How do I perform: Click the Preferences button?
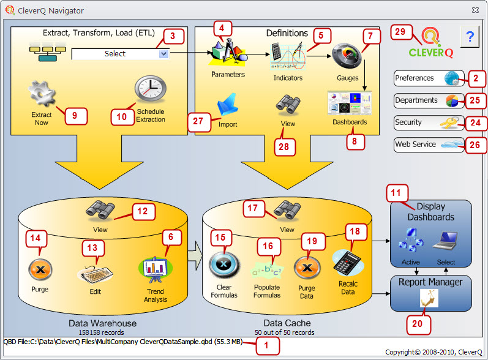click(429, 78)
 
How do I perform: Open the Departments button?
click(429, 100)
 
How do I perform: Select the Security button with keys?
click(429, 122)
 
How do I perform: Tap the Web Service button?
click(429, 145)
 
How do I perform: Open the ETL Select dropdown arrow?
click(163, 54)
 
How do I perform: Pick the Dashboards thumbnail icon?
click(350, 102)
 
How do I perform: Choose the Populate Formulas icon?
click(266, 269)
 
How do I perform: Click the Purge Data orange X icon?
click(306, 269)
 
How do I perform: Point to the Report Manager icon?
click(427, 298)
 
